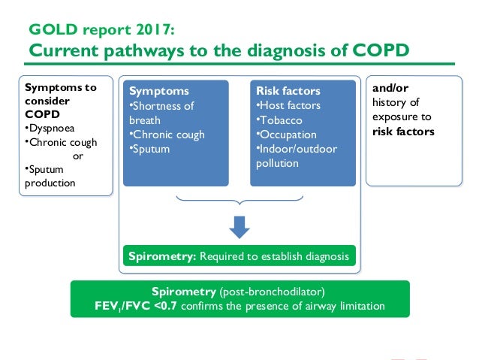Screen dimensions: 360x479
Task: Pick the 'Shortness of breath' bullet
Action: coord(161,113)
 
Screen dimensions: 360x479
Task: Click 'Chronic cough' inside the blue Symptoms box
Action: coord(167,135)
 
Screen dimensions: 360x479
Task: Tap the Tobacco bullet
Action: coord(279,120)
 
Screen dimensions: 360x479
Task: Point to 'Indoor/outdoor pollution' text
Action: coord(296,156)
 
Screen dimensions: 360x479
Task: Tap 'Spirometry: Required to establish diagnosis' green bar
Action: coord(239,256)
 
